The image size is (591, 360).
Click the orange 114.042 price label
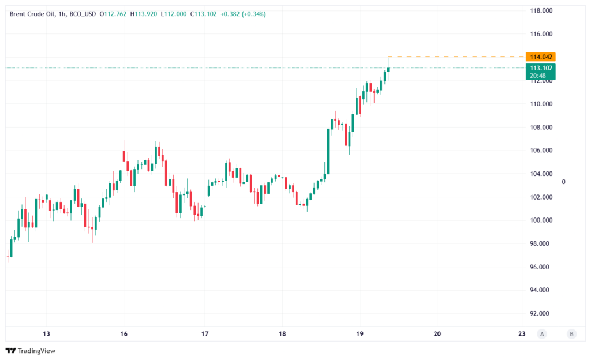(x=540, y=57)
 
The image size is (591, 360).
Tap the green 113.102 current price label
(x=540, y=67)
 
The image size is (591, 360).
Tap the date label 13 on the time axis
(x=46, y=333)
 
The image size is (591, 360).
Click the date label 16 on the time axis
(x=124, y=333)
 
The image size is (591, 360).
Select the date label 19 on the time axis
(x=360, y=333)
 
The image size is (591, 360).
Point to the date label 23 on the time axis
(x=522, y=333)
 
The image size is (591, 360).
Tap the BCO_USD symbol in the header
(x=83, y=14)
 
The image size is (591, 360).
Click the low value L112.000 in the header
(x=174, y=14)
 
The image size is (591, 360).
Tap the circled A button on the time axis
(x=541, y=333)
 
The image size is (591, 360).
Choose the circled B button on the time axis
(x=571, y=333)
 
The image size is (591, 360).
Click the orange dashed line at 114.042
(x=456, y=57)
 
